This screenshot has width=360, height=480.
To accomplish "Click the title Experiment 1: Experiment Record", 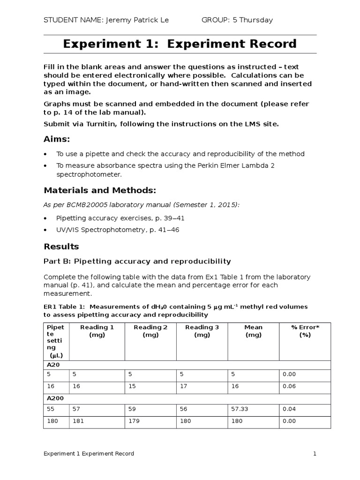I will click(x=180, y=44).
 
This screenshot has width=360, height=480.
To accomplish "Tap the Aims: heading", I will click(x=57, y=139).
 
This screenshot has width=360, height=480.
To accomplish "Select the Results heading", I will click(x=61, y=247).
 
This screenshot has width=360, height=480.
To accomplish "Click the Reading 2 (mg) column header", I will click(x=150, y=331).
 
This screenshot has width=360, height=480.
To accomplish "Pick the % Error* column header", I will click(x=305, y=331).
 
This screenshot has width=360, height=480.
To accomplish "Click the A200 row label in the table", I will click(x=55, y=397).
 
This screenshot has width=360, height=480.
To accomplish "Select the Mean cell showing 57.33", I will click(x=240, y=409).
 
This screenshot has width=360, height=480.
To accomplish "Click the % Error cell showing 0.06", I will click(x=289, y=387).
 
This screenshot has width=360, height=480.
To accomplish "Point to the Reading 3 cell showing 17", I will click(x=183, y=387).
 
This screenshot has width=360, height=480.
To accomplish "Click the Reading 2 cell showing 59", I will click(x=132, y=409).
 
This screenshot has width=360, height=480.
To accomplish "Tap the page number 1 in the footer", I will click(x=315, y=454).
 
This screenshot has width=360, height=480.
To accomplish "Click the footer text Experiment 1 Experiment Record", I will click(x=89, y=454).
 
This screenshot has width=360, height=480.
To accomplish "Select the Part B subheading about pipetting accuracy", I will click(x=137, y=261).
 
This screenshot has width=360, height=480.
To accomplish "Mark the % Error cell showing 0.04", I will click(x=289, y=409).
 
